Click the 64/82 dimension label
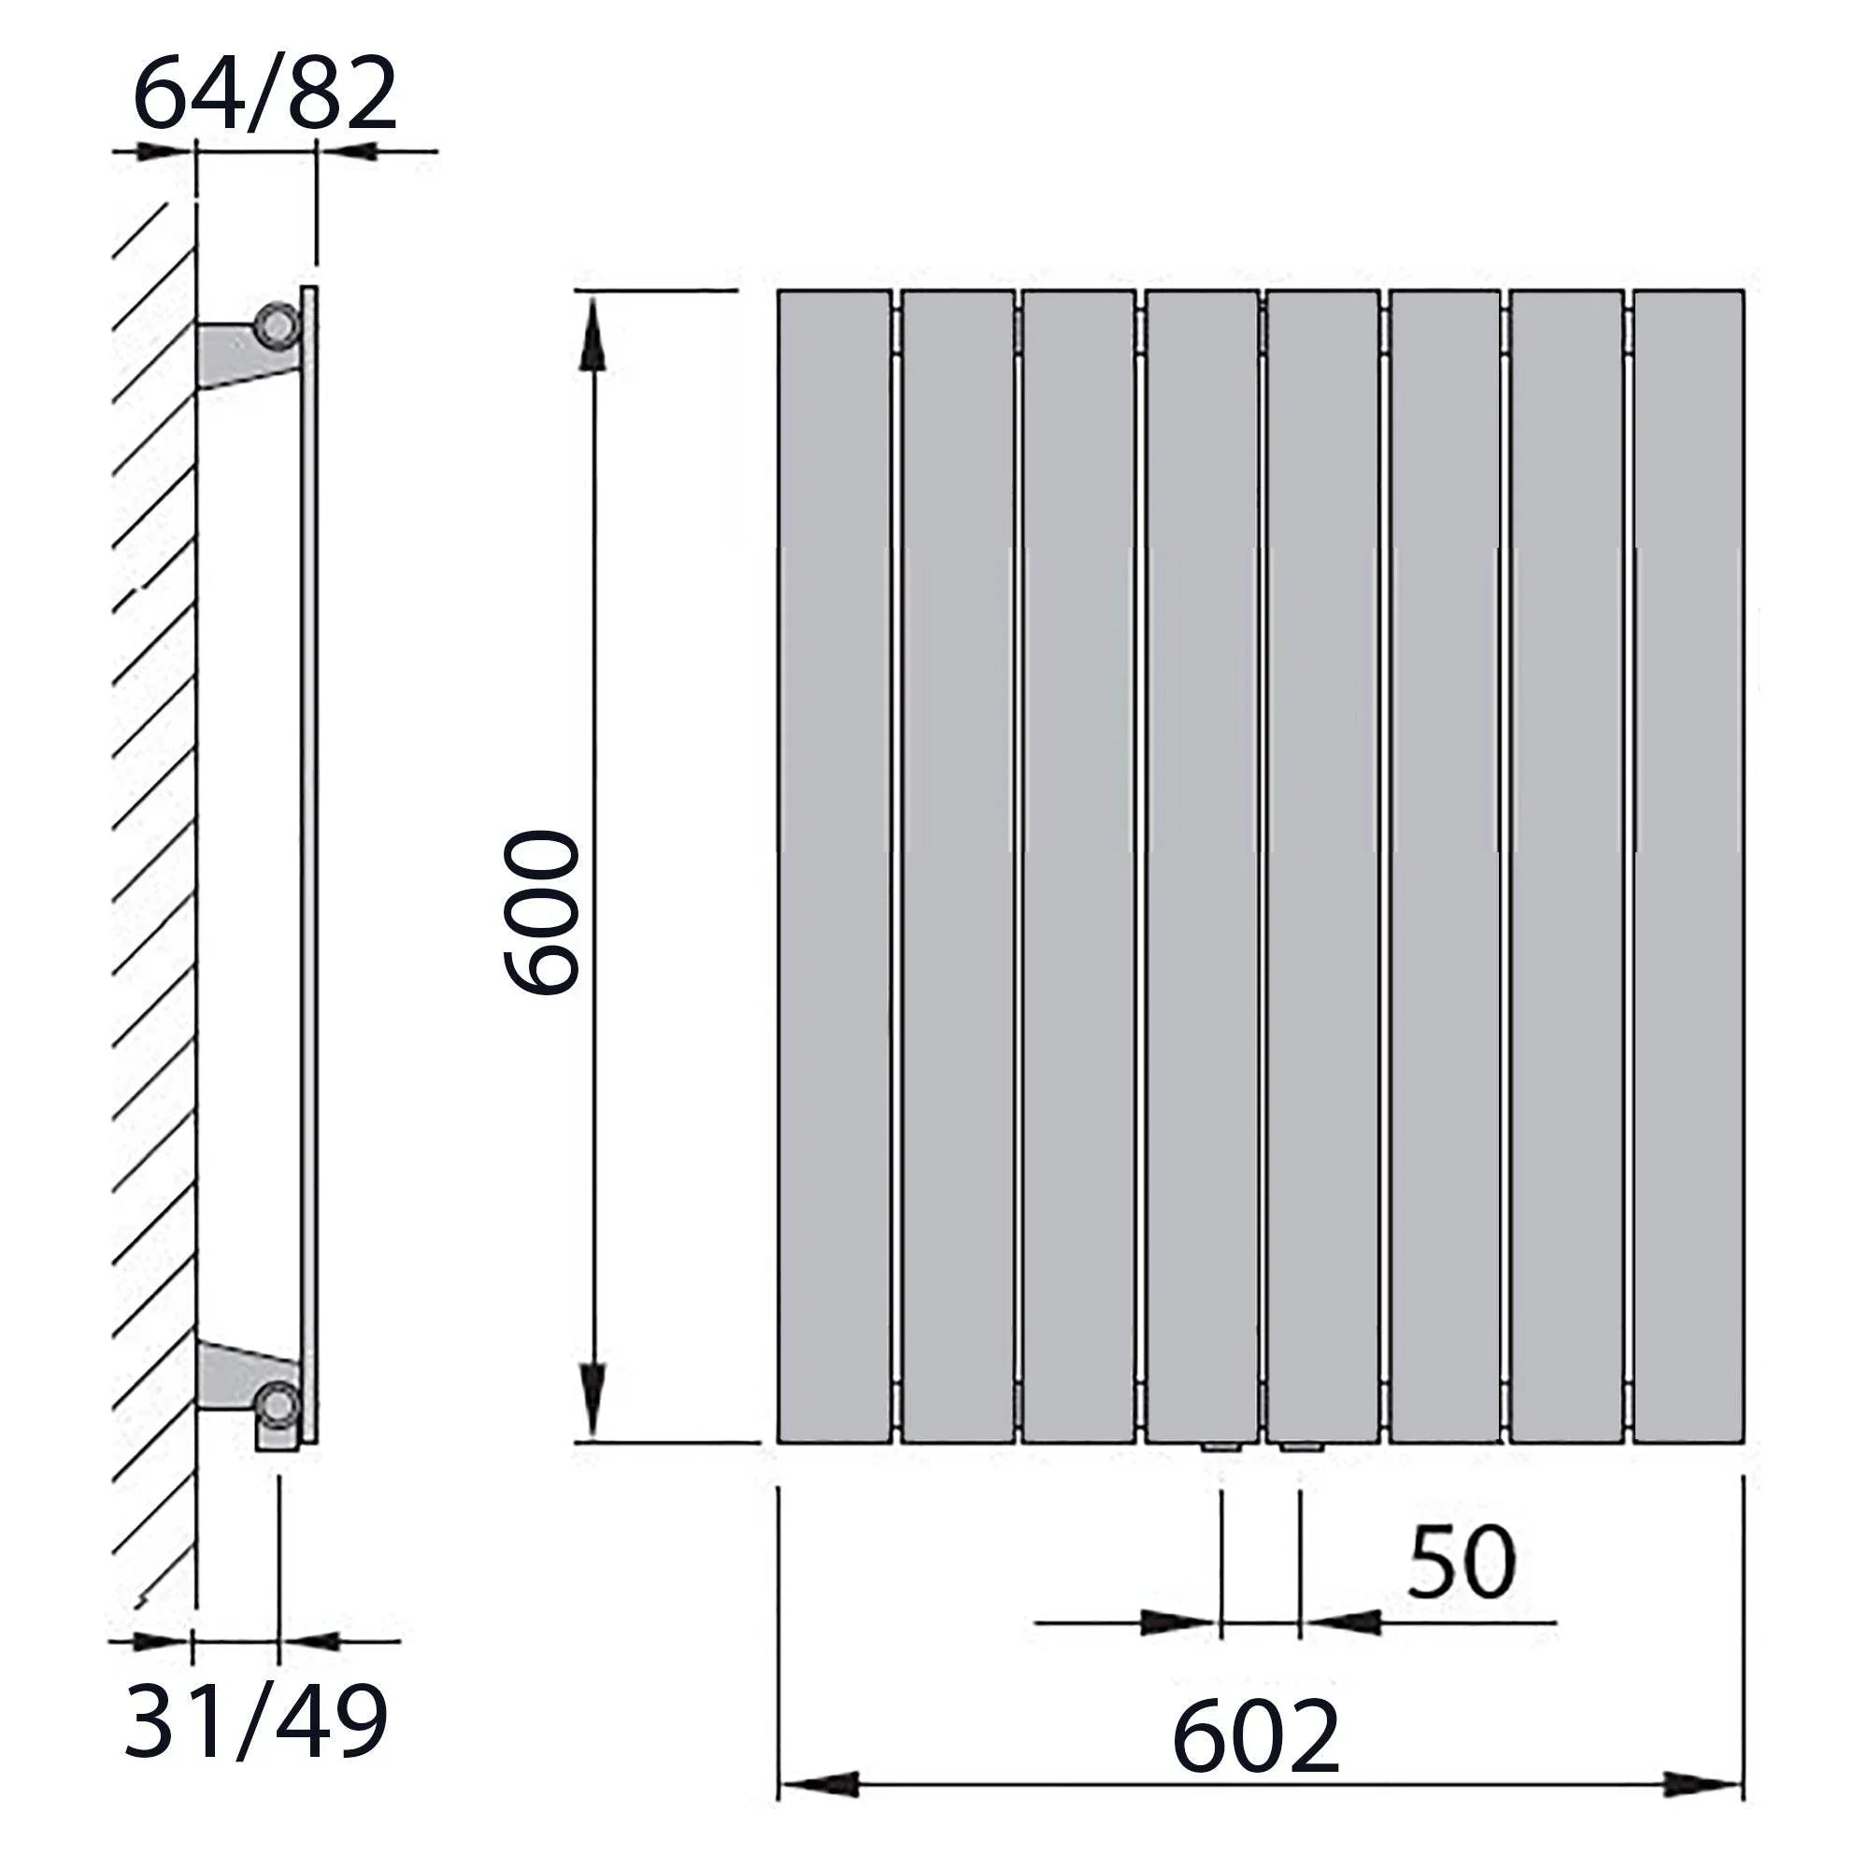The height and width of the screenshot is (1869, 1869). pyautogui.click(x=265, y=94)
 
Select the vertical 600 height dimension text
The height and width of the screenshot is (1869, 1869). pyautogui.click(x=543, y=912)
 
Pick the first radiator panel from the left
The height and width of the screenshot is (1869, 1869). pyautogui.click(x=834, y=867)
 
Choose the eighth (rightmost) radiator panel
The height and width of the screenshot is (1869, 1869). pyautogui.click(x=1689, y=867)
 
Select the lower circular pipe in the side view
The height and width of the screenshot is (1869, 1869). pyautogui.click(x=279, y=1404)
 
